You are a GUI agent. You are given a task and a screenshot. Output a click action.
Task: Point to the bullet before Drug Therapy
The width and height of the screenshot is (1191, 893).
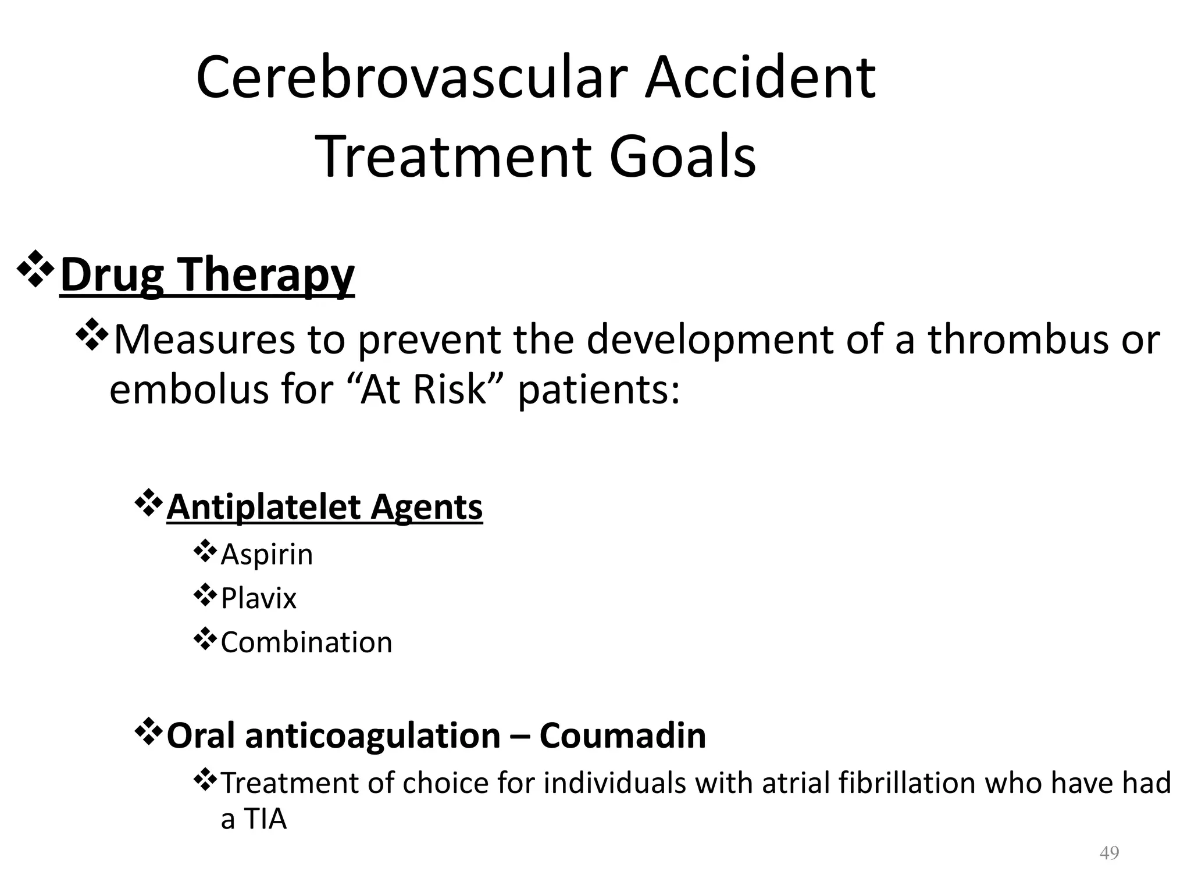point(36,269)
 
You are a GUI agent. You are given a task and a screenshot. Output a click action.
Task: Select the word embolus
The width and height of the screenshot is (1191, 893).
point(190,390)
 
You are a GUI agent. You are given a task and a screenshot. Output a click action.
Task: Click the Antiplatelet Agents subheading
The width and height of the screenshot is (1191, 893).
point(325,507)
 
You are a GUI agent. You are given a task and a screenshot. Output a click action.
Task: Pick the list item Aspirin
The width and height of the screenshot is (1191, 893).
point(267,554)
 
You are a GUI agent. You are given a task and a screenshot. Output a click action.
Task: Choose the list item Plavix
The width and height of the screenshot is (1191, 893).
point(258,598)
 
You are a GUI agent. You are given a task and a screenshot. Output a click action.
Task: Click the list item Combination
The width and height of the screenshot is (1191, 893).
point(306,642)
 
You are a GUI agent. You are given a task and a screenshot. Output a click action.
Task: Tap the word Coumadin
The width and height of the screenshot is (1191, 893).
point(622,735)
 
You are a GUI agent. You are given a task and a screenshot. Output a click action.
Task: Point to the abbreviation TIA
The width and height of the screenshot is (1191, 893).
point(265,819)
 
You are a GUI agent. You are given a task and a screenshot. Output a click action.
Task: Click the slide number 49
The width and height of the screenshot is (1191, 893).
point(1109,853)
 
